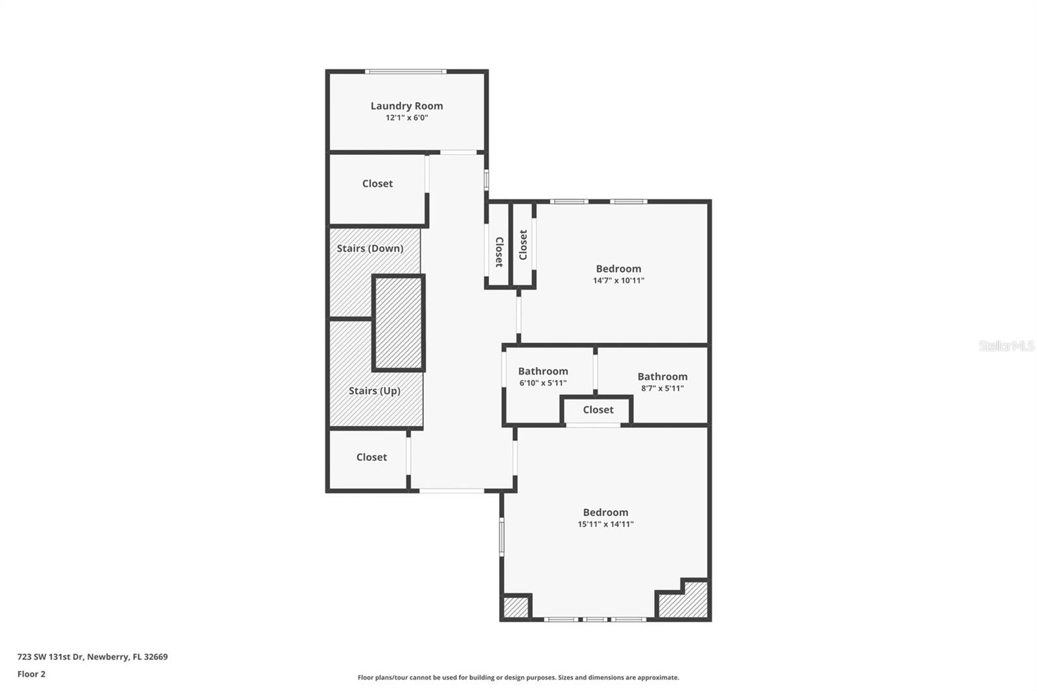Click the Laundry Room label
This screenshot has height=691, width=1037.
pyautogui.click(x=406, y=106)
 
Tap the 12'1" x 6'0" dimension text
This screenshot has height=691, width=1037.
pyautogui.click(x=406, y=118)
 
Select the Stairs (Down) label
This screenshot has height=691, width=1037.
pyautogui.click(x=369, y=248)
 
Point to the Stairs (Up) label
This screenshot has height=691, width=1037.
pyautogui.click(x=374, y=391)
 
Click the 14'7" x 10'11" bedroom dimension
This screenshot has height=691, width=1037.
pyautogui.click(x=618, y=281)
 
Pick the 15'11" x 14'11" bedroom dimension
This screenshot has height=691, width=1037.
pyautogui.click(x=605, y=524)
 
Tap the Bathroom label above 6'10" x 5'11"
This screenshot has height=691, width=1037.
pyautogui.click(x=542, y=371)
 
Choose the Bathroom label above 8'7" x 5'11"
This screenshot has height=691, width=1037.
pyautogui.click(x=662, y=377)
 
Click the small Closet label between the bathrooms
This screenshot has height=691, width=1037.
pyautogui.click(x=598, y=410)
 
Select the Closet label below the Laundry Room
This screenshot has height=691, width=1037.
pyautogui.click(x=377, y=183)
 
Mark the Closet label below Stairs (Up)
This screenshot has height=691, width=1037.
pyautogui.click(x=371, y=457)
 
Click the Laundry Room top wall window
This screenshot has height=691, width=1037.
pyautogui.click(x=405, y=71)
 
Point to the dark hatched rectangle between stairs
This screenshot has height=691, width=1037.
pyautogui.click(x=399, y=323)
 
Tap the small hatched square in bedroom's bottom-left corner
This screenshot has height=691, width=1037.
pyautogui.click(x=516, y=607)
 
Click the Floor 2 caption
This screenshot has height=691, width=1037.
pyautogui.click(x=31, y=674)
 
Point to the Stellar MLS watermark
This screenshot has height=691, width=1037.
pyautogui.click(x=1006, y=346)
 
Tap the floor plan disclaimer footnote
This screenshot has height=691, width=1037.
pyautogui.click(x=518, y=677)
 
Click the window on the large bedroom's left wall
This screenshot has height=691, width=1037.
pyautogui.click(x=501, y=536)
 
